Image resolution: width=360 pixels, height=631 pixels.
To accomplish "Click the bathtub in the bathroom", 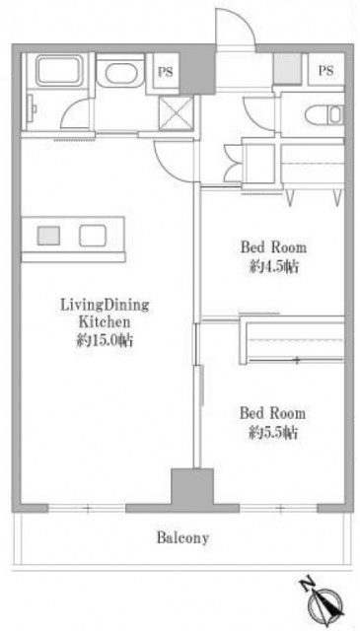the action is (x=59, y=71).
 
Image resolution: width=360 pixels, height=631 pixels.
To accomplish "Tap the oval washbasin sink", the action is (x=119, y=73).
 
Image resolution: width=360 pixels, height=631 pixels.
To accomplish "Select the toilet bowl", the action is (x=324, y=115).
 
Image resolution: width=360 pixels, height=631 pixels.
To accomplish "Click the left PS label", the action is (x=165, y=72).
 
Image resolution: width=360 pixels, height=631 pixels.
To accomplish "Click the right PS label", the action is (x=326, y=71).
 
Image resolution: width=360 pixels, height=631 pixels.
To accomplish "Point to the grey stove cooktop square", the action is (x=48, y=236).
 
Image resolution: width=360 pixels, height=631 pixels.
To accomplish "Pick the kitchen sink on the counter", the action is (x=93, y=236).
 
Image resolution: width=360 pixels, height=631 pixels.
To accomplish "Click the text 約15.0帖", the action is (x=106, y=341).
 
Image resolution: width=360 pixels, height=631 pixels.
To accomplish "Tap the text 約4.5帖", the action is (x=273, y=266).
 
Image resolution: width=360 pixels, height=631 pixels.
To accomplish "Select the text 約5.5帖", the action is (x=273, y=433).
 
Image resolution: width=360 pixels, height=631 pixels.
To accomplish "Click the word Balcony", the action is (x=182, y=538).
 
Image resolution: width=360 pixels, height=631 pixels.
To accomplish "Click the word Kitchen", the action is (x=105, y=322).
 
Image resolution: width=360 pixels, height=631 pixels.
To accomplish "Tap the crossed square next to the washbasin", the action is (x=176, y=113).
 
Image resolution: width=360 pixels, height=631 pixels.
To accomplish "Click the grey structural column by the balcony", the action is (x=192, y=487).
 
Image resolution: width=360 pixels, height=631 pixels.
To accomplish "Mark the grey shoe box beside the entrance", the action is (x=288, y=68).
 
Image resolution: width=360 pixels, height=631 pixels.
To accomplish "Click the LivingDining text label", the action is (x=105, y=305).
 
